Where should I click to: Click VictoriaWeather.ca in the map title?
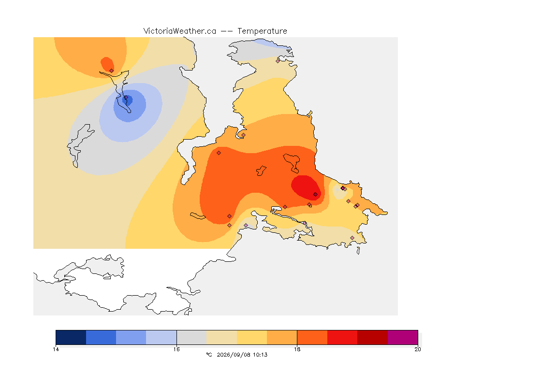point(180,31)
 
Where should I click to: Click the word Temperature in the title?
point(262,31)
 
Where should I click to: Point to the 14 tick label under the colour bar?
point(56,349)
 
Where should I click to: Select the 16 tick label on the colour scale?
point(176,349)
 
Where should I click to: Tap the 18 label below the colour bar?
point(297,349)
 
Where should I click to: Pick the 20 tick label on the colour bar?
point(418,349)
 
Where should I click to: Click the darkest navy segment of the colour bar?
point(71,337)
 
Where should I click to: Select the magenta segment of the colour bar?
point(402,337)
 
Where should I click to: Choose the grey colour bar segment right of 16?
point(191,337)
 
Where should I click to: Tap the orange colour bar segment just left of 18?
point(282,337)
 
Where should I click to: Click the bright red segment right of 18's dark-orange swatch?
point(342,337)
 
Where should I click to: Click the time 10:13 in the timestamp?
point(261,355)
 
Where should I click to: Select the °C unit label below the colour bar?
point(209,355)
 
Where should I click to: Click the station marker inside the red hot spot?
point(315,195)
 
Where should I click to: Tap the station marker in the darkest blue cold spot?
point(126,98)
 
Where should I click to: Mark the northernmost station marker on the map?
point(278,61)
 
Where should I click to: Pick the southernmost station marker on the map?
point(352,238)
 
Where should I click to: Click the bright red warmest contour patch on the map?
point(306,187)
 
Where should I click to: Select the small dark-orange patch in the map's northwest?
point(107,64)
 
